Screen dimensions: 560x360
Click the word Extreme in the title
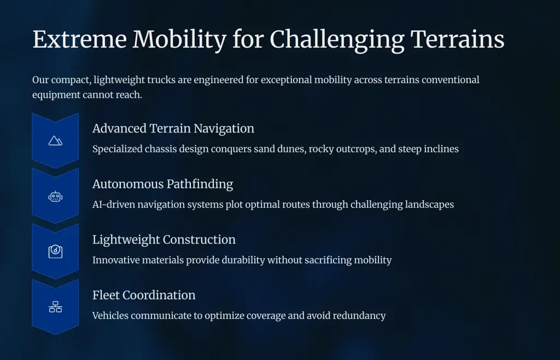pos(80,39)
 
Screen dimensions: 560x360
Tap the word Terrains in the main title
pos(458,39)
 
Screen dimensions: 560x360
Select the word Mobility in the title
pos(179,40)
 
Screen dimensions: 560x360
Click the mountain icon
pos(55,141)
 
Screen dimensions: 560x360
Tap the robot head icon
pos(55,196)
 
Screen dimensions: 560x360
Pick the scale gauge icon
pos(55,252)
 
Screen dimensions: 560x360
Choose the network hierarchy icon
pos(55,307)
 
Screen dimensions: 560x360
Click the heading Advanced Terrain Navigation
pos(173,129)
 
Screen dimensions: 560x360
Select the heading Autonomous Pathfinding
pos(163,184)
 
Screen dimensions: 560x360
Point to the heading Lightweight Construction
pos(164,240)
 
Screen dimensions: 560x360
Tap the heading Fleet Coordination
pos(144,295)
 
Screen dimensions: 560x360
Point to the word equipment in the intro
pos(56,95)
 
